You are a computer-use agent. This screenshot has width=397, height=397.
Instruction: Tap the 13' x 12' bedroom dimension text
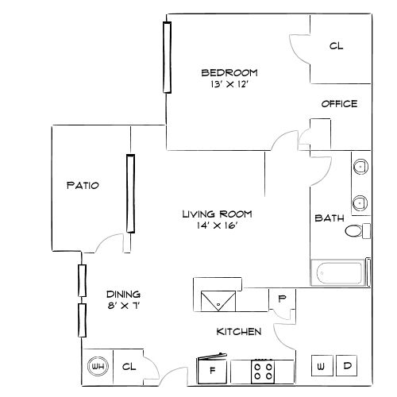pyautogui.click(x=220, y=83)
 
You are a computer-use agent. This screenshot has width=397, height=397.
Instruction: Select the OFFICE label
pyautogui.click(x=339, y=104)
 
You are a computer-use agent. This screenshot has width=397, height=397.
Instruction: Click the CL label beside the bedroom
pyautogui.click(x=336, y=47)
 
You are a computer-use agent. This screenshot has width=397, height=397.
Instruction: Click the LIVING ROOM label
pyautogui.click(x=217, y=214)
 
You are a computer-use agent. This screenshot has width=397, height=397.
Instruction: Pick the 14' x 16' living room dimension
pyautogui.click(x=217, y=225)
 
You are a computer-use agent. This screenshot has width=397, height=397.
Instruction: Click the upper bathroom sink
pyautogui.click(x=360, y=168)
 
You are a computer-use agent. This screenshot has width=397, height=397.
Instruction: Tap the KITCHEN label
pyautogui.click(x=238, y=332)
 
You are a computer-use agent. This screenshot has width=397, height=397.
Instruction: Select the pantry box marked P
pyautogui.click(x=282, y=299)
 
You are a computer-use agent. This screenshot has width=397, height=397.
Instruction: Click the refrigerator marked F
pyautogui.click(x=212, y=369)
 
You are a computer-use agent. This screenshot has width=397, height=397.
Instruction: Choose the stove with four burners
pyautogui.click(x=263, y=370)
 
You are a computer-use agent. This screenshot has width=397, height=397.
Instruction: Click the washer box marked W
pyautogui.click(x=321, y=366)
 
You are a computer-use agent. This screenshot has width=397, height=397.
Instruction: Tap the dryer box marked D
pyautogui.click(x=347, y=366)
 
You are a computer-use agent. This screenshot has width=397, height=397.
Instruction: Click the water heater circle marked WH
pyautogui.click(x=98, y=367)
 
